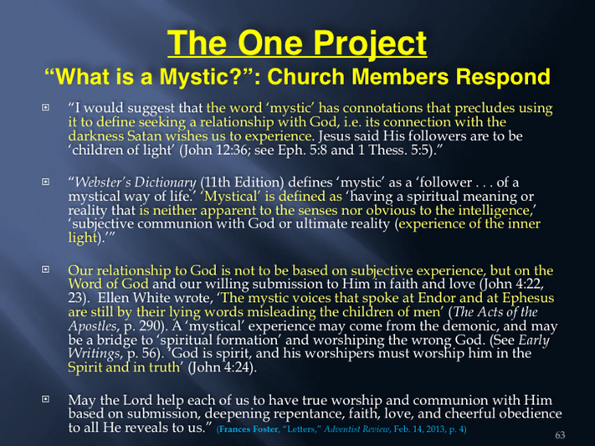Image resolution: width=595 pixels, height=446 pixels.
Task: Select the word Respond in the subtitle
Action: coord(503,77)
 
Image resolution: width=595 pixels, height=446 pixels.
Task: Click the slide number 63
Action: coord(560,434)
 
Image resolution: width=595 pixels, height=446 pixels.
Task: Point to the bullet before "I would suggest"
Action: coord(45,107)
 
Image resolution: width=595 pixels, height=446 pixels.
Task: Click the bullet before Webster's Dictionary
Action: coord(45,182)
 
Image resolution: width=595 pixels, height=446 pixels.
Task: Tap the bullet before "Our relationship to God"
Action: coord(45,269)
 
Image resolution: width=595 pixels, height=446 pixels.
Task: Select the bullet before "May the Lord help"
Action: coord(45,399)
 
